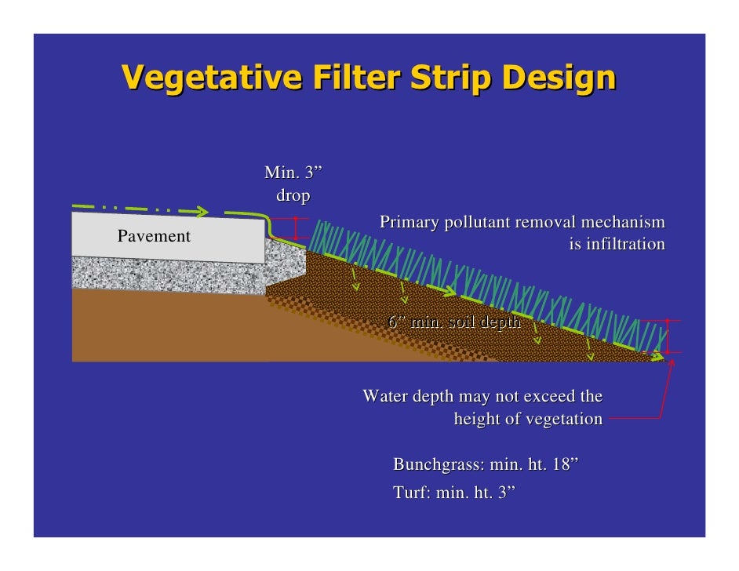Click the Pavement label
(x=154, y=236)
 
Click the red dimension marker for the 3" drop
(x=295, y=228)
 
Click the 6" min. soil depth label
(x=454, y=322)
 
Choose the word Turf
(x=408, y=493)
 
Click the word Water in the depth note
(x=384, y=396)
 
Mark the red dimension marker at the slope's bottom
(x=668, y=337)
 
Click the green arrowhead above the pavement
(x=202, y=212)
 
